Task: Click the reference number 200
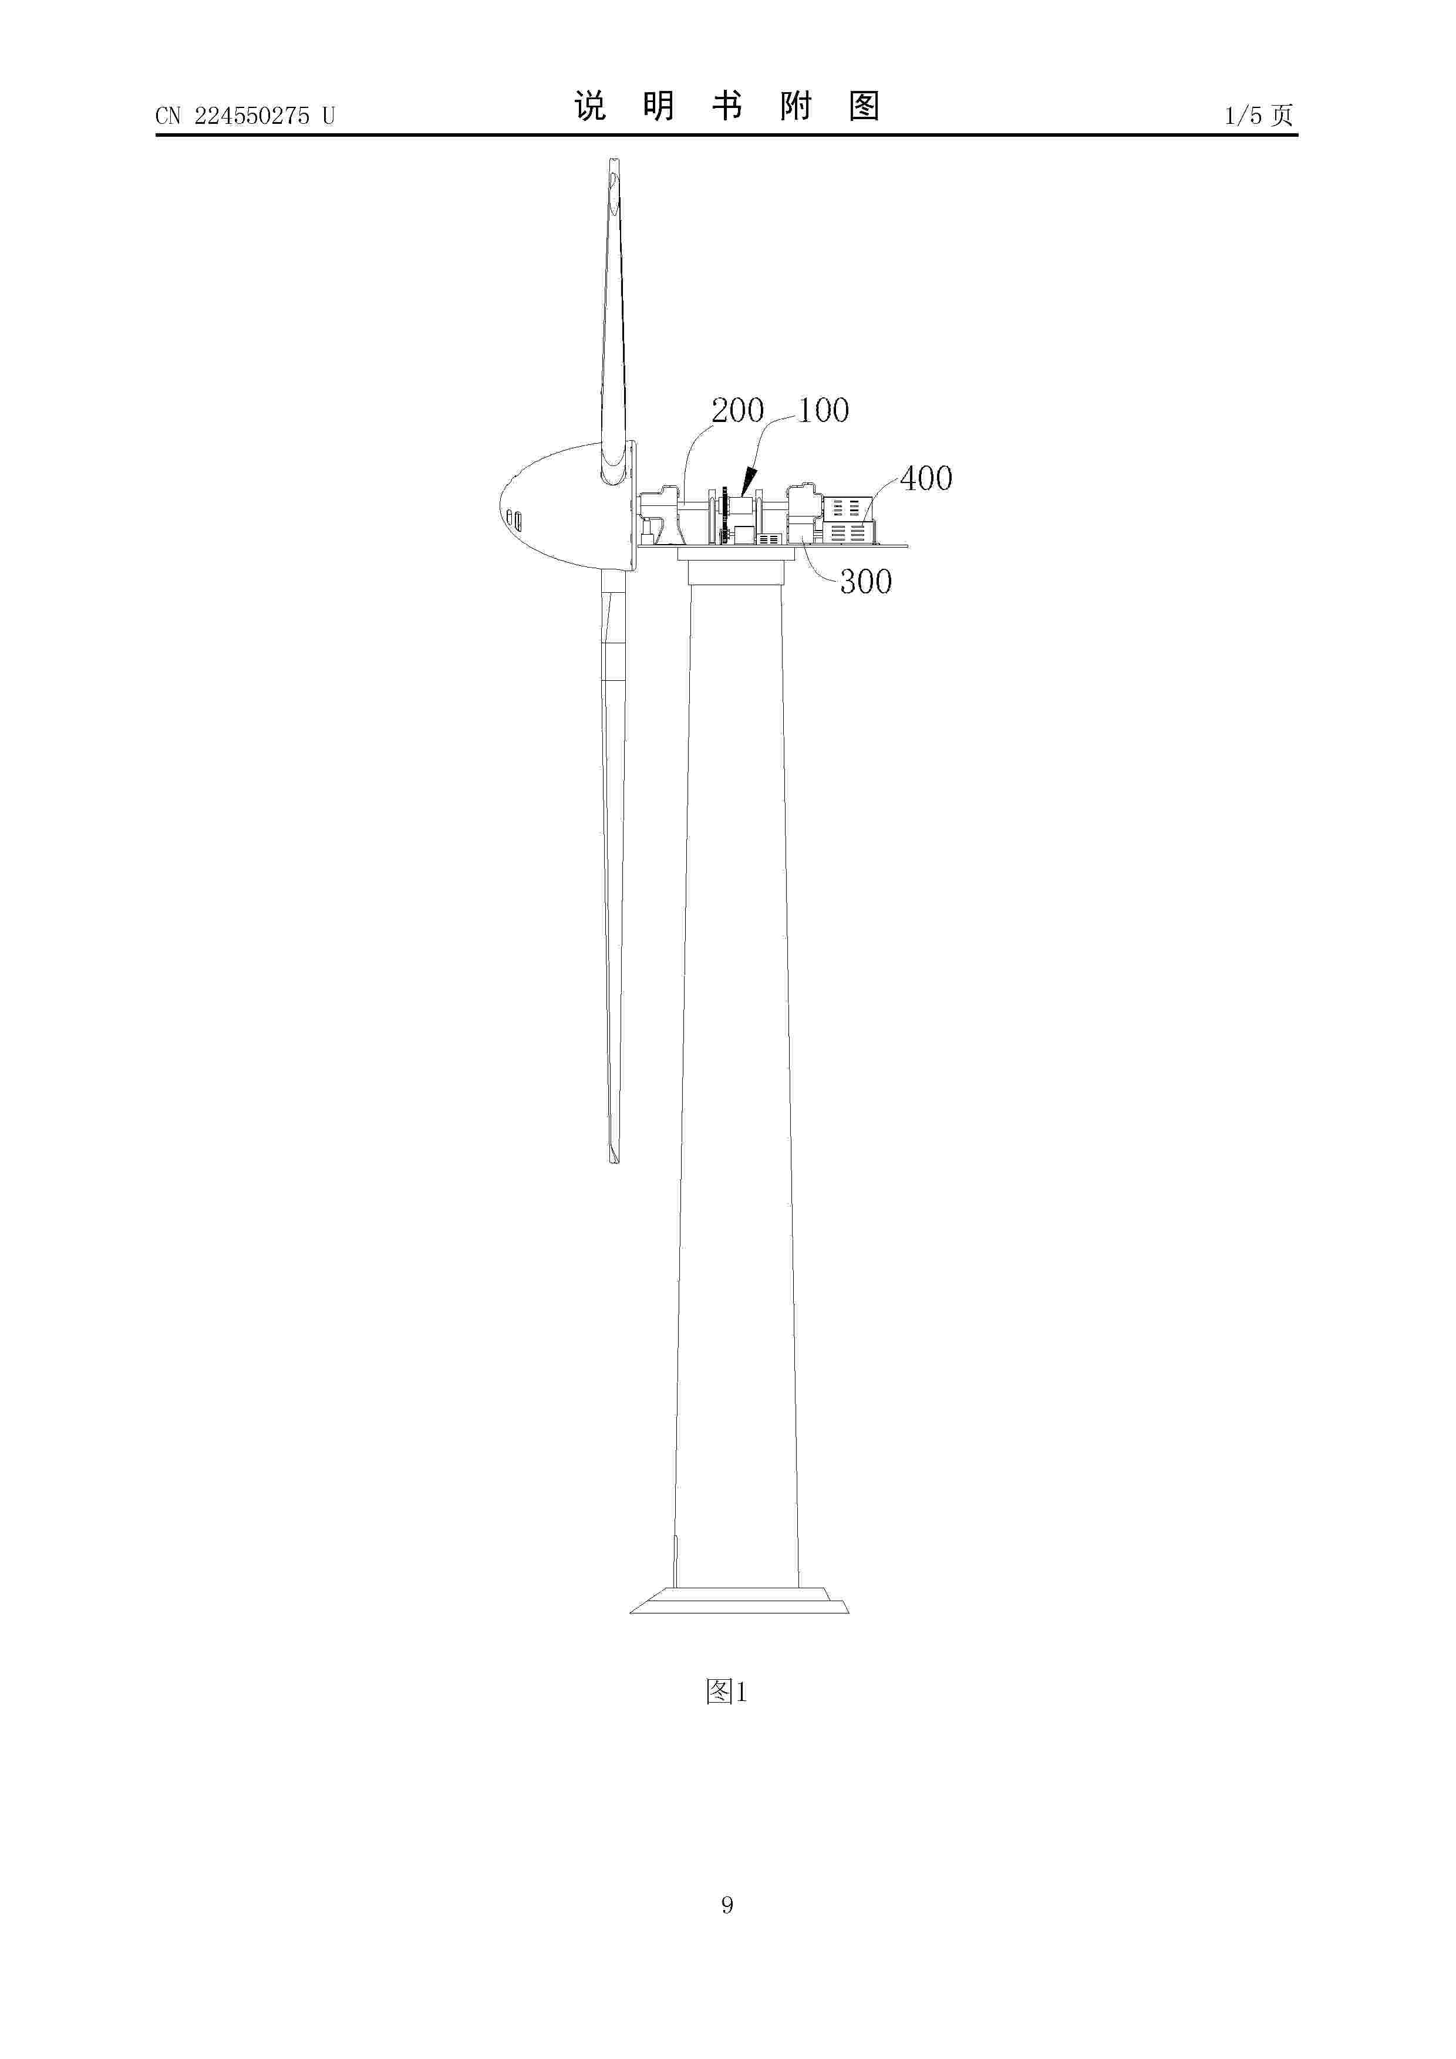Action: (x=737, y=411)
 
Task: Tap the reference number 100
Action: (x=824, y=411)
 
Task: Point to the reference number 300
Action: (x=866, y=582)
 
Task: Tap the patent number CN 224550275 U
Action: (x=245, y=116)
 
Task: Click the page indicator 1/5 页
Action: (x=1259, y=115)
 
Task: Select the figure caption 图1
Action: (x=727, y=1692)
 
